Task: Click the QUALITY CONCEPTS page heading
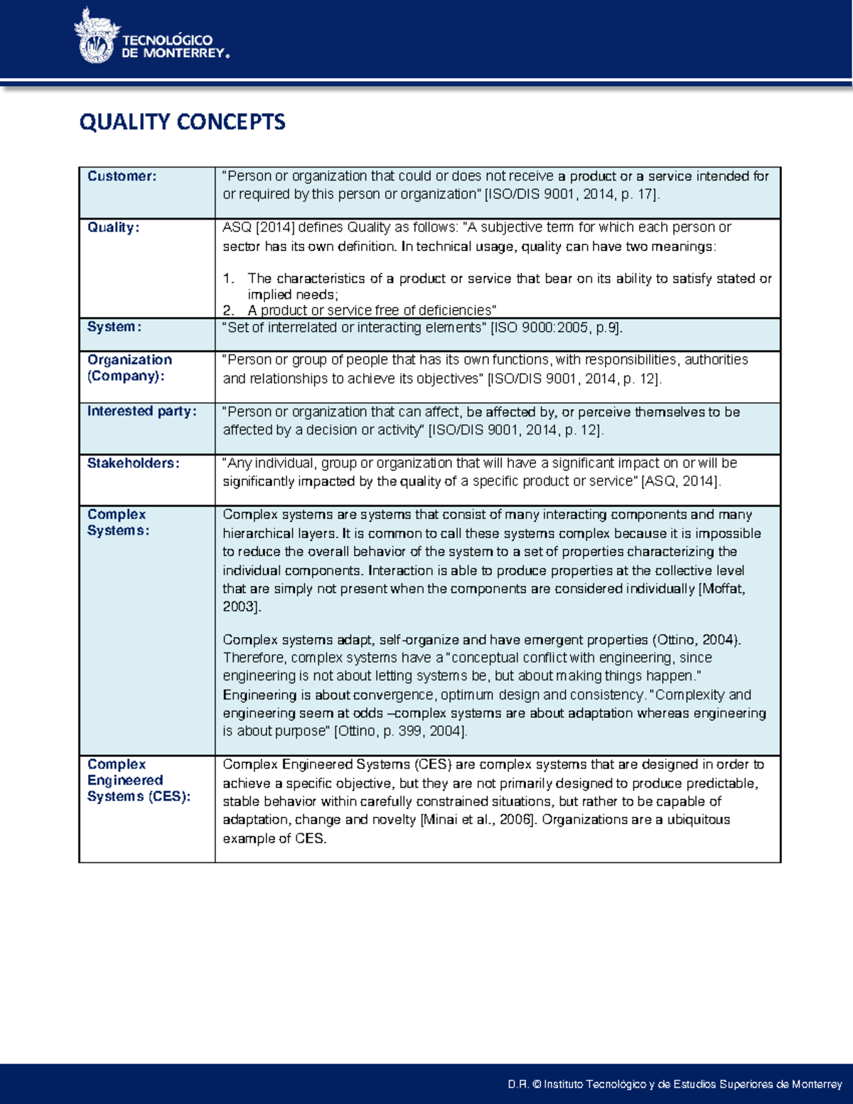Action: click(182, 122)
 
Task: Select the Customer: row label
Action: click(122, 176)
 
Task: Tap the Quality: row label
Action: click(113, 227)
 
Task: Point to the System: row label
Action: click(114, 327)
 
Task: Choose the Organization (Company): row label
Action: click(129, 368)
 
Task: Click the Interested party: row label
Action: click(141, 411)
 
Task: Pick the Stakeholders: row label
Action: click(133, 463)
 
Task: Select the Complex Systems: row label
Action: click(118, 522)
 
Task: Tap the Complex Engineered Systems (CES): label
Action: click(138, 781)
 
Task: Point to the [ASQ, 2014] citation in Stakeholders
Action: click(681, 482)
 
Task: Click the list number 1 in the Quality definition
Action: click(227, 279)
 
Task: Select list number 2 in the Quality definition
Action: click(227, 311)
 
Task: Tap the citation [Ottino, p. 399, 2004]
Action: click(400, 731)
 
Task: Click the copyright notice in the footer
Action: click(675, 1084)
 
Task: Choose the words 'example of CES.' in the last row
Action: click(274, 839)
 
